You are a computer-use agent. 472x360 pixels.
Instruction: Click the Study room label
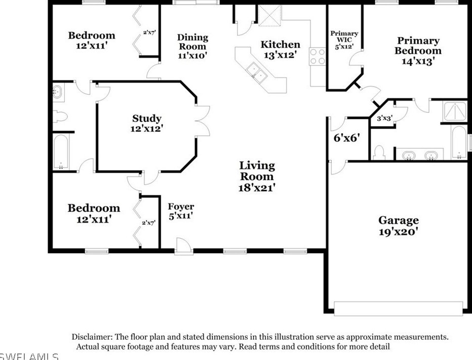tap(147, 123)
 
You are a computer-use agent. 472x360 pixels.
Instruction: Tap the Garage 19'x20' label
tap(398, 226)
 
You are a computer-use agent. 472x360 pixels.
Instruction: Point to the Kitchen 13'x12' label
tap(280, 49)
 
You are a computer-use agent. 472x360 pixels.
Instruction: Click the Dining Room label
tap(192, 46)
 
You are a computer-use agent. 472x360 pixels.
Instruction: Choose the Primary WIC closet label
tap(344, 39)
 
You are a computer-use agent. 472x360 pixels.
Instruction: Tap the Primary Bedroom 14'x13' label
tap(418, 51)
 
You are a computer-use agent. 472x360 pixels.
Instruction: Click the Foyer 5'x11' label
tap(181, 211)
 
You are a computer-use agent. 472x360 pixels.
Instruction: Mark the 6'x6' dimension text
tap(347, 138)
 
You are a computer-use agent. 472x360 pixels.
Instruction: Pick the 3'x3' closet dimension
tap(385, 118)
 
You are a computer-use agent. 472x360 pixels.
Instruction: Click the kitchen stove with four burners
tap(318, 56)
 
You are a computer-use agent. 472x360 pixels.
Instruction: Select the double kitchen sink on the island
tap(256, 72)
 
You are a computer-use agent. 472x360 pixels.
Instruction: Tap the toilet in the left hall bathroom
tap(60, 116)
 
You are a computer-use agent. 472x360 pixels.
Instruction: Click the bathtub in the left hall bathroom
tap(61, 152)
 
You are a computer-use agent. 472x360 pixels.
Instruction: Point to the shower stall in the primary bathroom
tap(455, 111)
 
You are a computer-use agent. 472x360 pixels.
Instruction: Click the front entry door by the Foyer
tap(183, 247)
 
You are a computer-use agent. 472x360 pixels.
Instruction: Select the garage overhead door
tap(398, 308)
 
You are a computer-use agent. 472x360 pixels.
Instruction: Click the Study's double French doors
tap(202, 121)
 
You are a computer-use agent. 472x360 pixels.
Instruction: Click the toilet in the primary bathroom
tap(379, 152)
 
